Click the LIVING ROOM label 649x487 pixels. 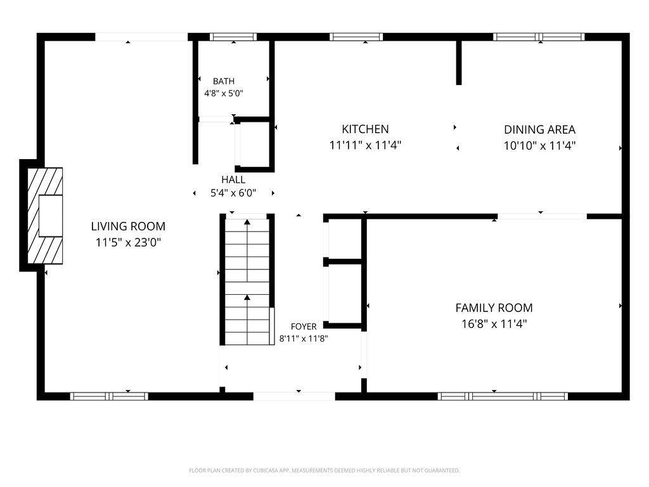pyautogui.click(x=128, y=226)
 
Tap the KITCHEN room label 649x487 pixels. pyautogui.click(x=365, y=129)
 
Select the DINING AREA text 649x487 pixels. pyautogui.click(x=539, y=129)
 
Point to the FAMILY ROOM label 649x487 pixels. pyautogui.click(x=494, y=308)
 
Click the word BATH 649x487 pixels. pyautogui.click(x=224, y=81)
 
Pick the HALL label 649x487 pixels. pyautogui.click(x=233, y=179)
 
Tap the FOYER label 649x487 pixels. pyautogui.click(x=304, y=327)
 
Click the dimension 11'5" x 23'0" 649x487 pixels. pyautogui.click(x=128, y=242)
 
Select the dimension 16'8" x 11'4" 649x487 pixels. pyautogui.click(x=494, y=324)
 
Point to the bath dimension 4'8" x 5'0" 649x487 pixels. pyautogui.click(x=224, y=93)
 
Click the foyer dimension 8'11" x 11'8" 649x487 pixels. pyautogui.click(x=304, y=339)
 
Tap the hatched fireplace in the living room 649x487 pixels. pyautogui.click(x=45, y=216)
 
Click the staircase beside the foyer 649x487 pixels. pyautogui.click(x=247, y=280)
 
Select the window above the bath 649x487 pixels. pyautogui.click(x=233, y=37)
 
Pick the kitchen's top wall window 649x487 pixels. pyautogui.click(x=356, y=37)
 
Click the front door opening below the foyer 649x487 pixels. pyautogui.click(x=294, y=396)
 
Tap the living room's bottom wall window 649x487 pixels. pyautogui.click(x=109, y=396)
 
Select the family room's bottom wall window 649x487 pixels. pyautogui.click(x=503, y=396)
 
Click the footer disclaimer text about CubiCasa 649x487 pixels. pyautogui.click(x=324, y=471)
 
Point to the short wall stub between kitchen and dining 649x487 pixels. pyautogui.click(x=459, y=63)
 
